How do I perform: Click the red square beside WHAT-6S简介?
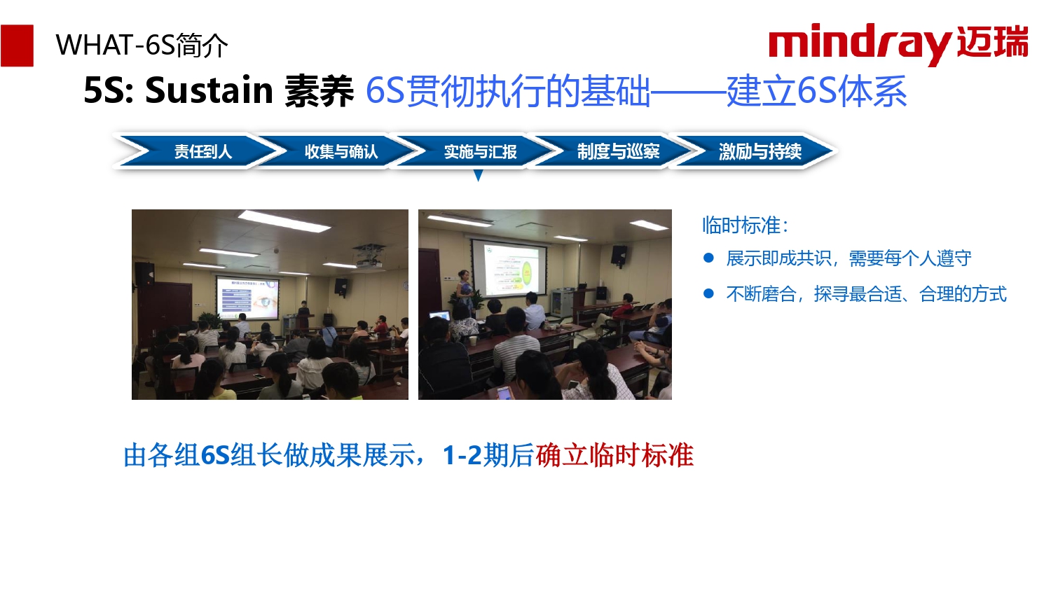(17, 46)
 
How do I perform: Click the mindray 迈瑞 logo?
(898, 43)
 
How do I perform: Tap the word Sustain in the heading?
(209, 90)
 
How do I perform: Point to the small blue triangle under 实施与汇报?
(478, 176)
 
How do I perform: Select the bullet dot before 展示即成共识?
(708, 258)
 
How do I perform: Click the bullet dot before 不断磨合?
(708, 293)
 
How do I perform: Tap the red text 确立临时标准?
(614, 455)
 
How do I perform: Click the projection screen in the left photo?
(248, 297)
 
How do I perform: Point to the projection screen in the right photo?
(509, 268)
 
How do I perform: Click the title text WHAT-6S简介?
(142, 46)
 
